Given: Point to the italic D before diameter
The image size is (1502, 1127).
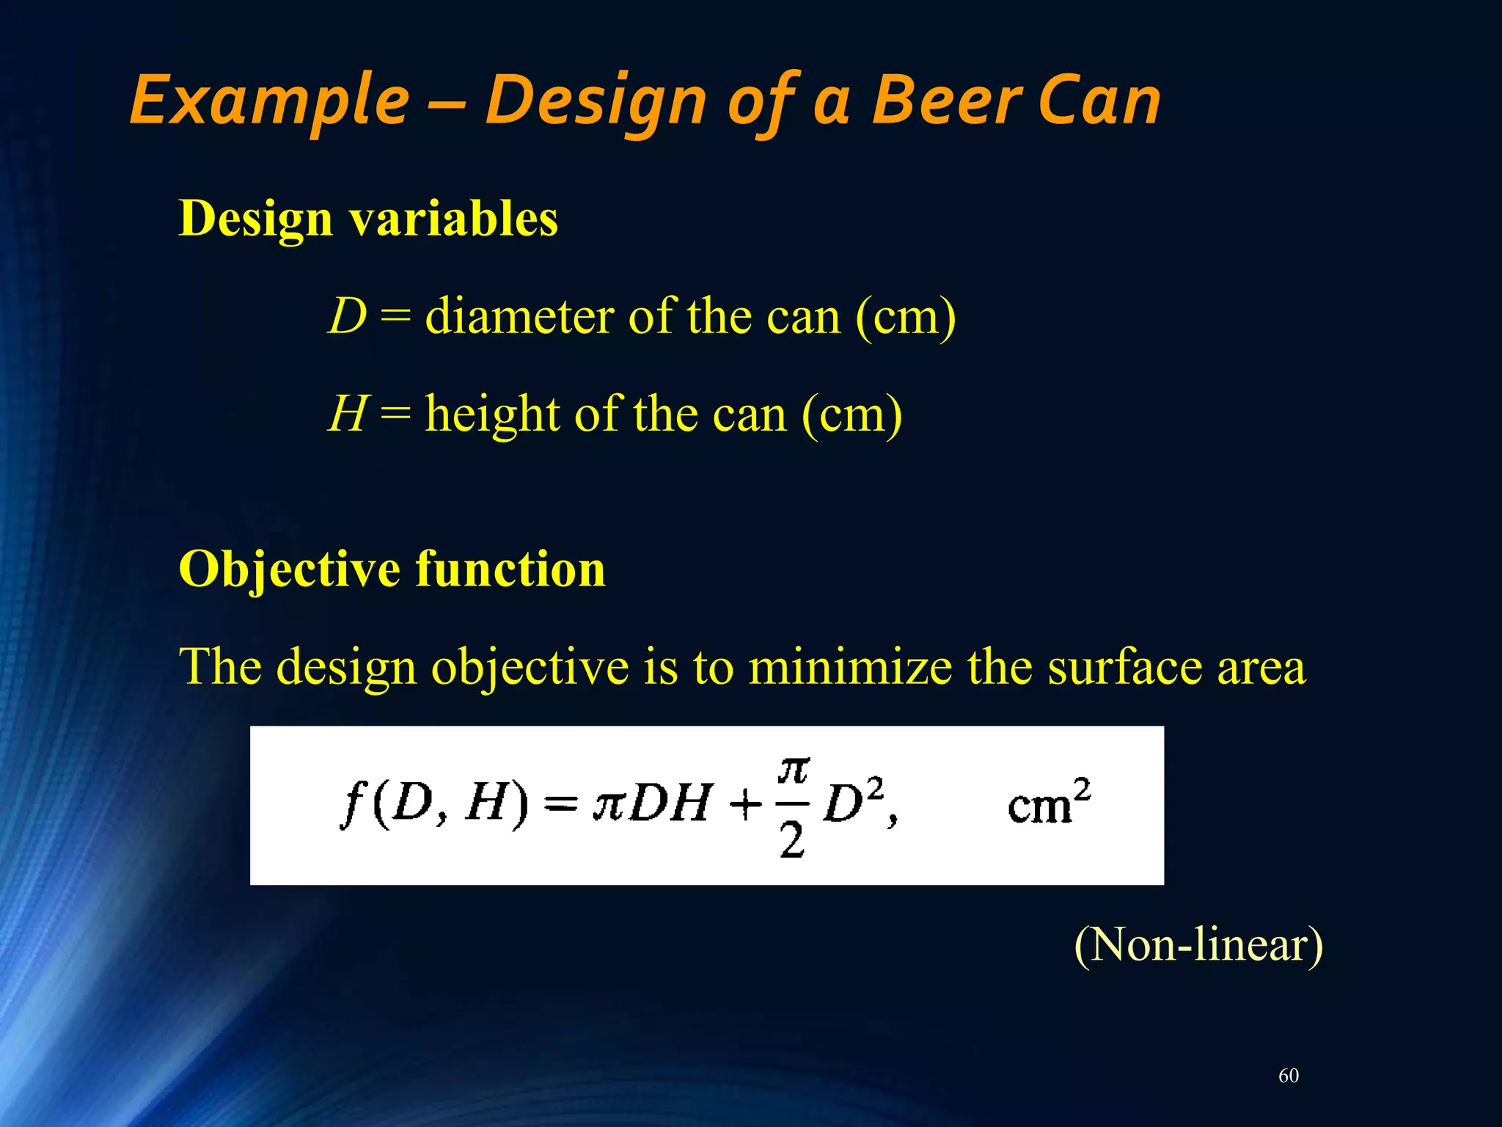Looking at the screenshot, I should pyautogui.click(x=346, y=316).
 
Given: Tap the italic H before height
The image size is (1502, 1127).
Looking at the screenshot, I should pyautogui.click(x=346, y=413).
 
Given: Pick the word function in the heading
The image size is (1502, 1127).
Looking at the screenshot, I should pyautogui.click(x=510, y=569).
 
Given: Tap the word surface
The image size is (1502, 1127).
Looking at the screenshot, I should pyautogui.click(x=1124, y=667).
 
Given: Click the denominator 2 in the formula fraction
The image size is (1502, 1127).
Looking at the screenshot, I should pyautogui.click(x=792, y=840).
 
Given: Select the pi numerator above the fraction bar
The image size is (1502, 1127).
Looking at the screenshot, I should pyautogui.click(x=794, y=770).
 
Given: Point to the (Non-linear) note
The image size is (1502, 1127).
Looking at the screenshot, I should pyautogui.click(x=1198, y=944).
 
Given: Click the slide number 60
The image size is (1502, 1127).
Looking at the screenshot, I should pyautogui.click(x=1289, y=1076).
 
